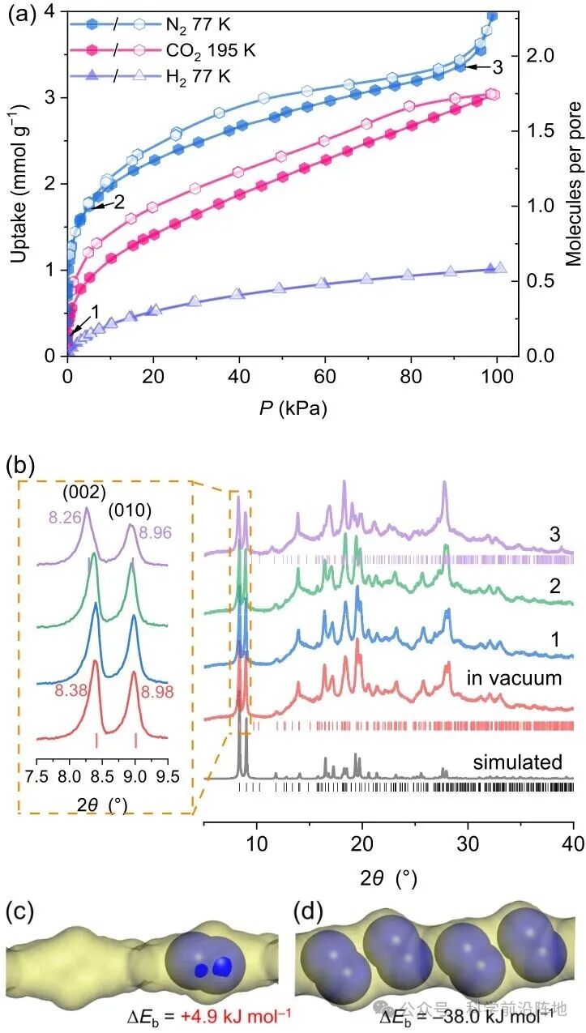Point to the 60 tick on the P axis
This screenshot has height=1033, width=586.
click(x=325, y=376)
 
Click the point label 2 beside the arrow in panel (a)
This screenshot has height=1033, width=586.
click(x=121, y=203)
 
